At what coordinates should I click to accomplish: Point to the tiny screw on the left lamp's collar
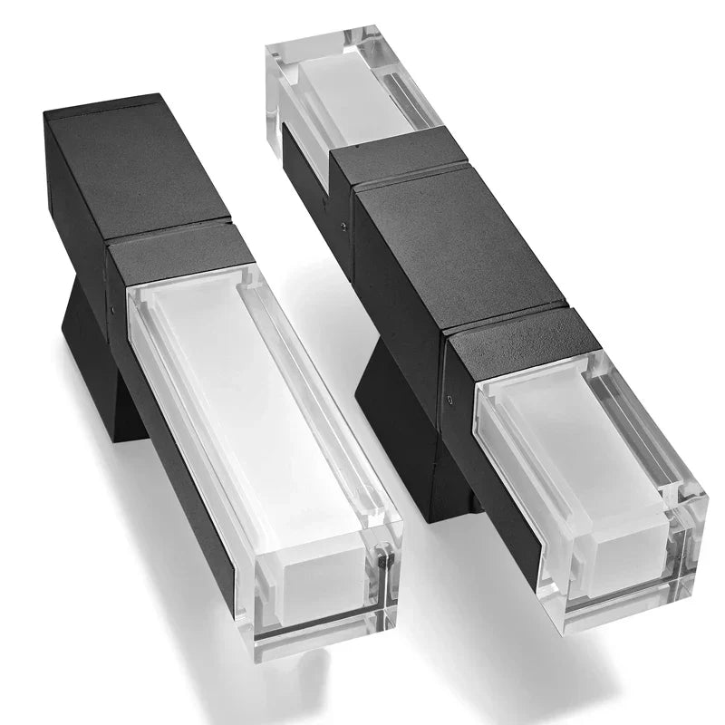coord(112,308)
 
